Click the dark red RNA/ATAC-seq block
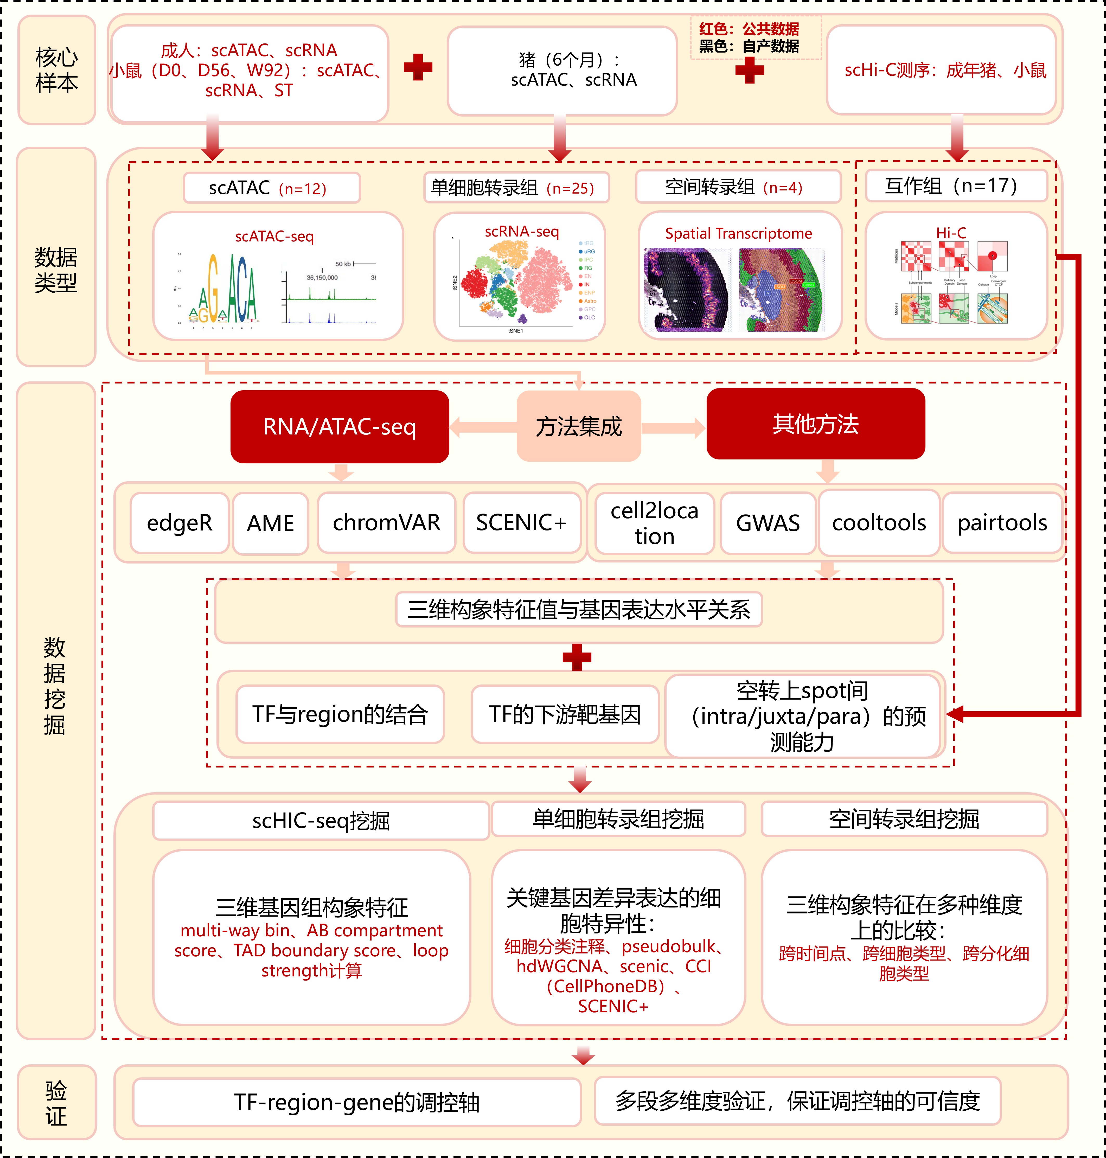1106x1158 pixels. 340,426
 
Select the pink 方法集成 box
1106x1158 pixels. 578,426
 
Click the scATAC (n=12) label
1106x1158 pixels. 271,188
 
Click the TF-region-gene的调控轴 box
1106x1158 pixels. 357,1101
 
